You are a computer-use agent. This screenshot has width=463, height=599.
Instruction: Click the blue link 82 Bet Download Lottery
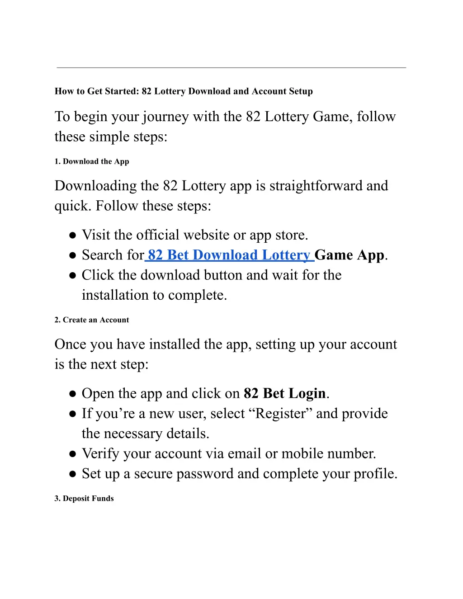pos(229,255)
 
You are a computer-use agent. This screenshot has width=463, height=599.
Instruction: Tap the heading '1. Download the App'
pos(92,161)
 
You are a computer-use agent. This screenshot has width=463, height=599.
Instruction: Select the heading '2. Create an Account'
pos(92,320)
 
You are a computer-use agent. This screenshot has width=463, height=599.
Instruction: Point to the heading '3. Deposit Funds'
pos(84,498)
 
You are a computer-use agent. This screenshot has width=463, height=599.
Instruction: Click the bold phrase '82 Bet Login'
pos(284,393)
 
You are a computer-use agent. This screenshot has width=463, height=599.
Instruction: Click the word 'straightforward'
pos(316,186)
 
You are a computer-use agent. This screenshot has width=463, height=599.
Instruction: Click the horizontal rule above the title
pos(231,68)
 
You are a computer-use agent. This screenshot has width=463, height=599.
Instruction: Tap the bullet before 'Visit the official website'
pos(72,236)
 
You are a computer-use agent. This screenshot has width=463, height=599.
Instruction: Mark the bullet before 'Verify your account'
pos(72,454)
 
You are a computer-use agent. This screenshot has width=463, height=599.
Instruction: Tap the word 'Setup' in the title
pos(301,91)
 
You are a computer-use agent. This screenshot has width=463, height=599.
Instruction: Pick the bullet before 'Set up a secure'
pos(72,474)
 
